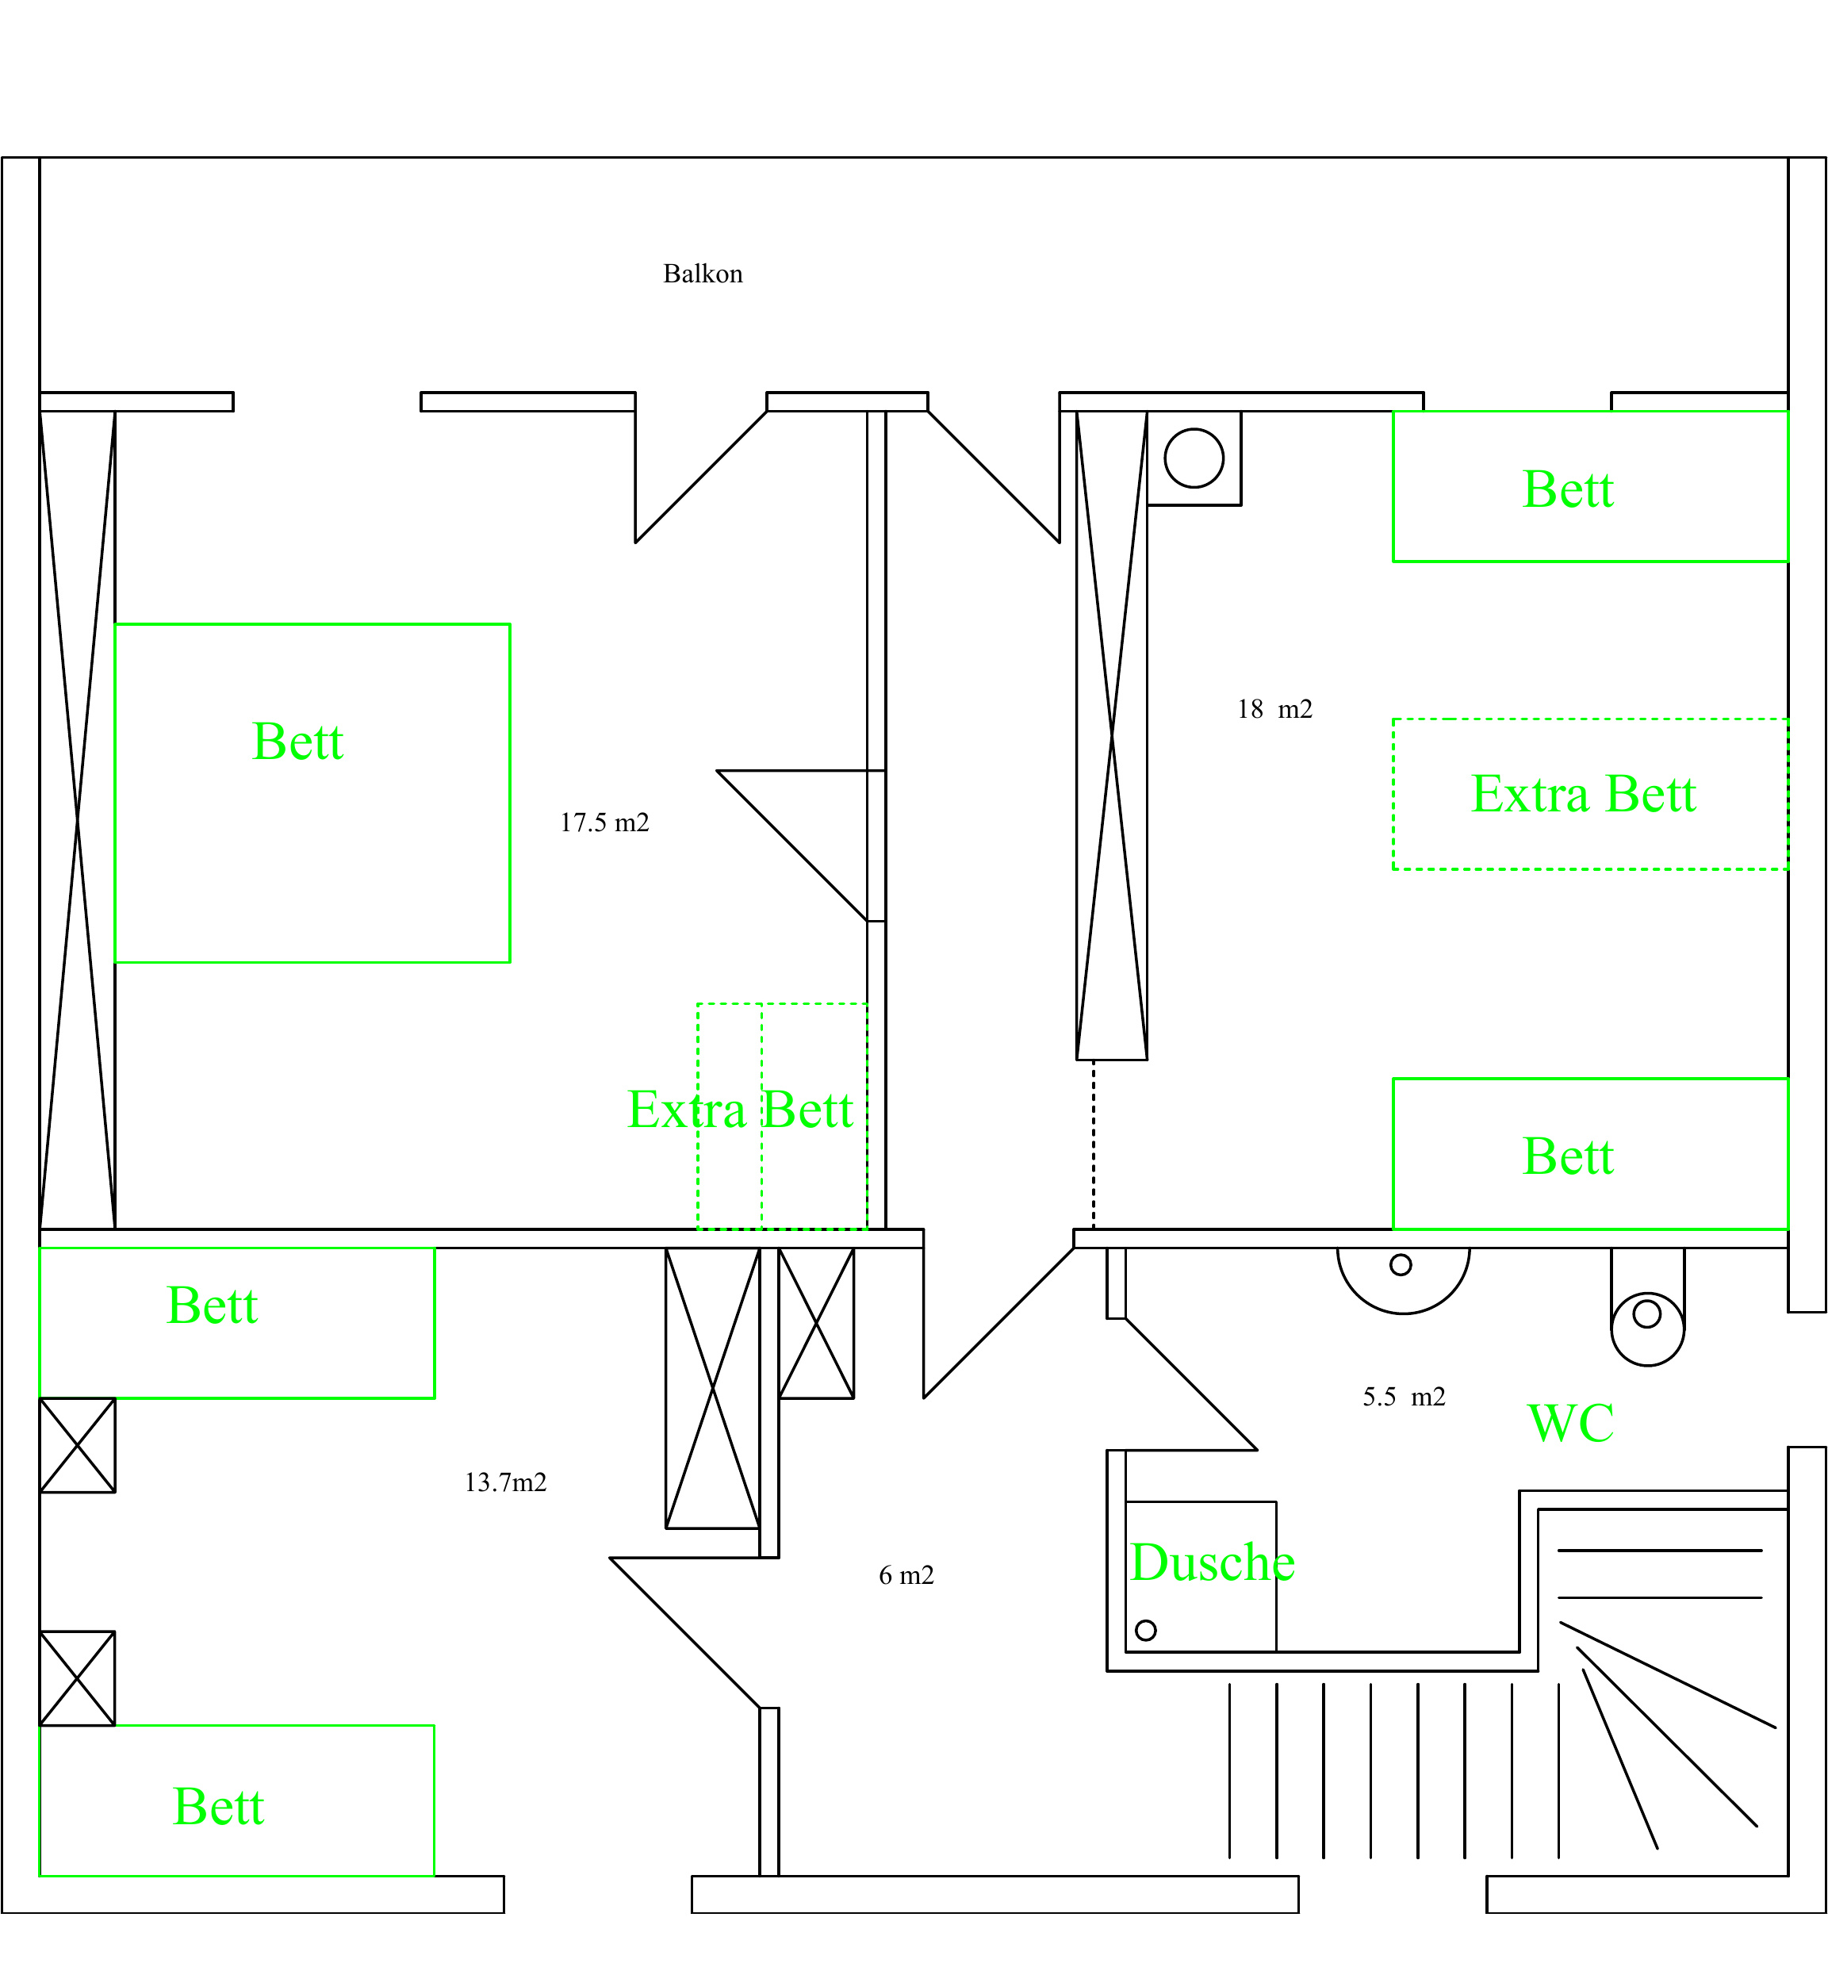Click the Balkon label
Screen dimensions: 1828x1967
coord(703,274)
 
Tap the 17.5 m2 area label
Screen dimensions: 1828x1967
coord(604,823)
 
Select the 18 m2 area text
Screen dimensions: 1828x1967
coord(1275,709)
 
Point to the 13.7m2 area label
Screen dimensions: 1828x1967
coord(505,1482)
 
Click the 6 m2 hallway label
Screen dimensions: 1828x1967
coord(906,1575)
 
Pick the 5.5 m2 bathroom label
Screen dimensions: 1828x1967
coord(1404,1397)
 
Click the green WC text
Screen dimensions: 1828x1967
coord(1571,1424)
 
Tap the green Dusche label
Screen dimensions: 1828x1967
coord(1213,1562)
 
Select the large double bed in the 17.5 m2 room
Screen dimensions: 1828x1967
coord(312,792)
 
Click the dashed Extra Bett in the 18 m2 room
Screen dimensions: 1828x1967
coord(1591,795)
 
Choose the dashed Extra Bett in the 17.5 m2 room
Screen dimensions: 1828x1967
coord(783,1117)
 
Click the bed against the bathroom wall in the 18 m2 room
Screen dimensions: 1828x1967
coord(1591,1154)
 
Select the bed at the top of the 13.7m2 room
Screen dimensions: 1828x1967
coord(236,1323)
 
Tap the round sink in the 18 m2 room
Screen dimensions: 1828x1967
coord(1194,458)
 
